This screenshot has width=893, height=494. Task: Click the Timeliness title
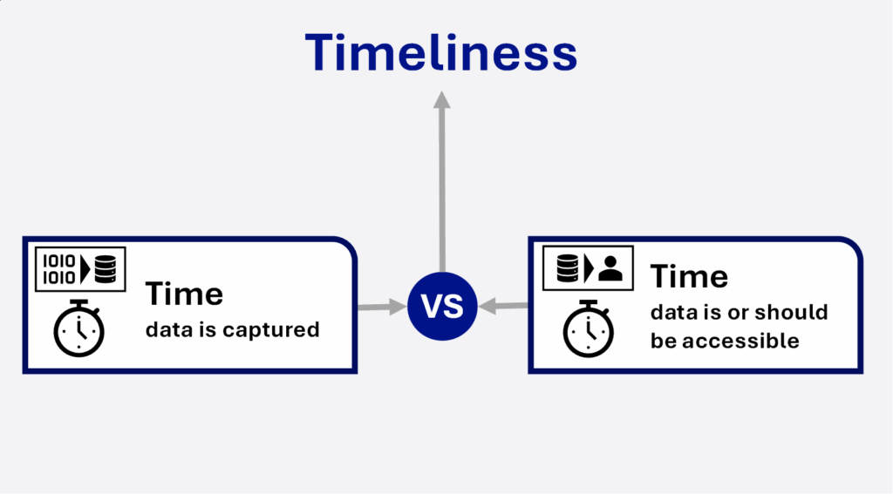pyautogui.click(x=441, y=52)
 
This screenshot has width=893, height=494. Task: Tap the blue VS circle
pyautogui.click(x=442, y=306)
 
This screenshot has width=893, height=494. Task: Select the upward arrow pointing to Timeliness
pyautogui.click(x=442, y=181)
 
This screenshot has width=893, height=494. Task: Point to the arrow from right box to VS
pyautogui.click(x=503, y=306)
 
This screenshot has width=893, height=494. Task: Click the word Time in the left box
pyautogui.click(x=184, y=294)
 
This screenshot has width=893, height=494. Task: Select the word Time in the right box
pyautogui.click(x=689, y=276)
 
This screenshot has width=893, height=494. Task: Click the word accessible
pyautogui.click(x=741, y=341)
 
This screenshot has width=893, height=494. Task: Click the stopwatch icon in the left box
pyautogui.click(x=78, y=328)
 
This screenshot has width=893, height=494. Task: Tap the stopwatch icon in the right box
pyautogui.click(x=589, y=328)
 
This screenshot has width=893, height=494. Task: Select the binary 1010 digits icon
pyautogui.click(x=59, y=269)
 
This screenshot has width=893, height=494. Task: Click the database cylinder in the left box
pyautogui.click(x=106, y=269)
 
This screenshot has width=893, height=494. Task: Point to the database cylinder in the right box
pyautogui.click(x=567, y=268)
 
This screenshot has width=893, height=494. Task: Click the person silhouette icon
pyautogui.click(x=610, y=268)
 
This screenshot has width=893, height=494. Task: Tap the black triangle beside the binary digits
pyautogui.click(x=85, y=269)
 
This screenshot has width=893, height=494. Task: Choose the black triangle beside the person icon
pyautogui.click(x=589, y=268)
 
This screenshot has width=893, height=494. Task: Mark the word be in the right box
pyautogui.click(x=664, y=341)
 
